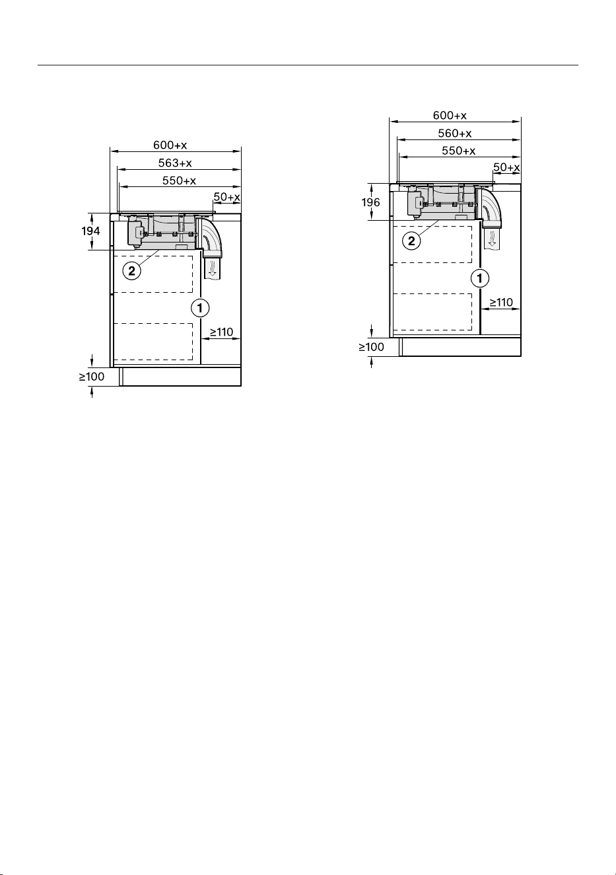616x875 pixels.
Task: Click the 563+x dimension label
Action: click(175, 163)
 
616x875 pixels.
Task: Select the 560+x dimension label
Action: click(455, 133)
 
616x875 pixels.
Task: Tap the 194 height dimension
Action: click(90, 231)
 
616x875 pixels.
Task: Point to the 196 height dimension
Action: click(370, 202)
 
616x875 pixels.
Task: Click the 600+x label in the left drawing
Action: click(170, 145)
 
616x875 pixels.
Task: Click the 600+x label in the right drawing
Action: click(450, 115)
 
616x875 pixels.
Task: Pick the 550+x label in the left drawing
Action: click(179, 180)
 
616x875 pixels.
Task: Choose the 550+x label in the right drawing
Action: click(459, 151)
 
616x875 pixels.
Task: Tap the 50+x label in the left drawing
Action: click(227, 197)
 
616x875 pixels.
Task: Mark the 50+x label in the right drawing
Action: click(506, 167)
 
